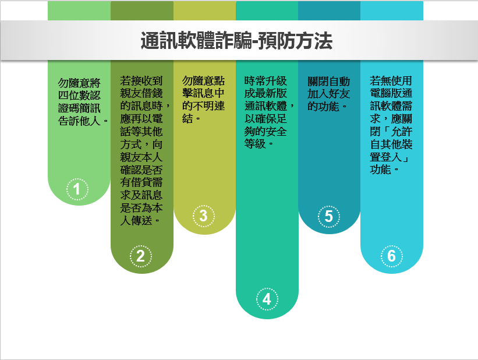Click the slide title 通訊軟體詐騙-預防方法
pyautogui.click(x=236, y=41)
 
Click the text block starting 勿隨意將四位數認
pyautogui.click(x=83, y=102)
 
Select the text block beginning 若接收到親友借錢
pyautogui.click(x=145, y=151)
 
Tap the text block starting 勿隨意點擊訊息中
pyautogui.click(x=203, y=100)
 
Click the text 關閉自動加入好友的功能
pyautogui.click(x=328, y=94)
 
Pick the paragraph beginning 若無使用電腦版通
pyautogui.click(x=391, y=125)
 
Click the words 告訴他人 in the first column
pyautogui.click(x=79, y=121)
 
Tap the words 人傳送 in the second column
pyautogui.click(x=136, y=220)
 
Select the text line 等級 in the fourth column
pyautogui.click(x=255, y=143)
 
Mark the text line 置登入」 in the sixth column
pyautogui.click(x=390, y=157)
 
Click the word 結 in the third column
pyautogui.click(x=187, y=118)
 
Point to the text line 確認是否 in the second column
pyautogui.click(x=141, y=170)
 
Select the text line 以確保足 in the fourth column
pyautogui.click(x=265, y=119)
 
